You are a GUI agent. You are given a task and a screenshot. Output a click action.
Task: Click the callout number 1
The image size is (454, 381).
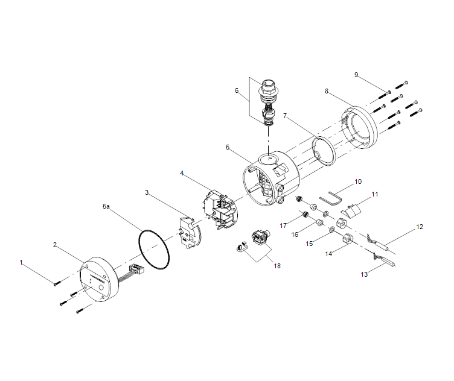21,263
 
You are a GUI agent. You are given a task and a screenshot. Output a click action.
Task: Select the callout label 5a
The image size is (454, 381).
107,206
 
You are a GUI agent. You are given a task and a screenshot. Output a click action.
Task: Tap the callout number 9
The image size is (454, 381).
356,75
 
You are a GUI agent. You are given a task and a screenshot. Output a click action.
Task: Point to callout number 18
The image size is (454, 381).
278,265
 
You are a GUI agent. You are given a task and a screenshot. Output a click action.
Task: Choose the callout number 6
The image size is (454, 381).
237,90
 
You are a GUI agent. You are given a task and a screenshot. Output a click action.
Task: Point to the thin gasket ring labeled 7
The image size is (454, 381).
327,150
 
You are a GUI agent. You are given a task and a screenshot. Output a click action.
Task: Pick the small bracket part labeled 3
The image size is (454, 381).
187,233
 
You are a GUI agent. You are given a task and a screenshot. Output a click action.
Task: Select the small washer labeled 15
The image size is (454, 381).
331,230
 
